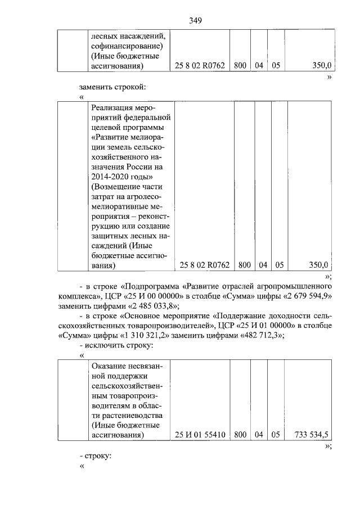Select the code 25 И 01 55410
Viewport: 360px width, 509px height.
click(200, 434)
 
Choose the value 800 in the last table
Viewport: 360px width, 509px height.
click(240, 434)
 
